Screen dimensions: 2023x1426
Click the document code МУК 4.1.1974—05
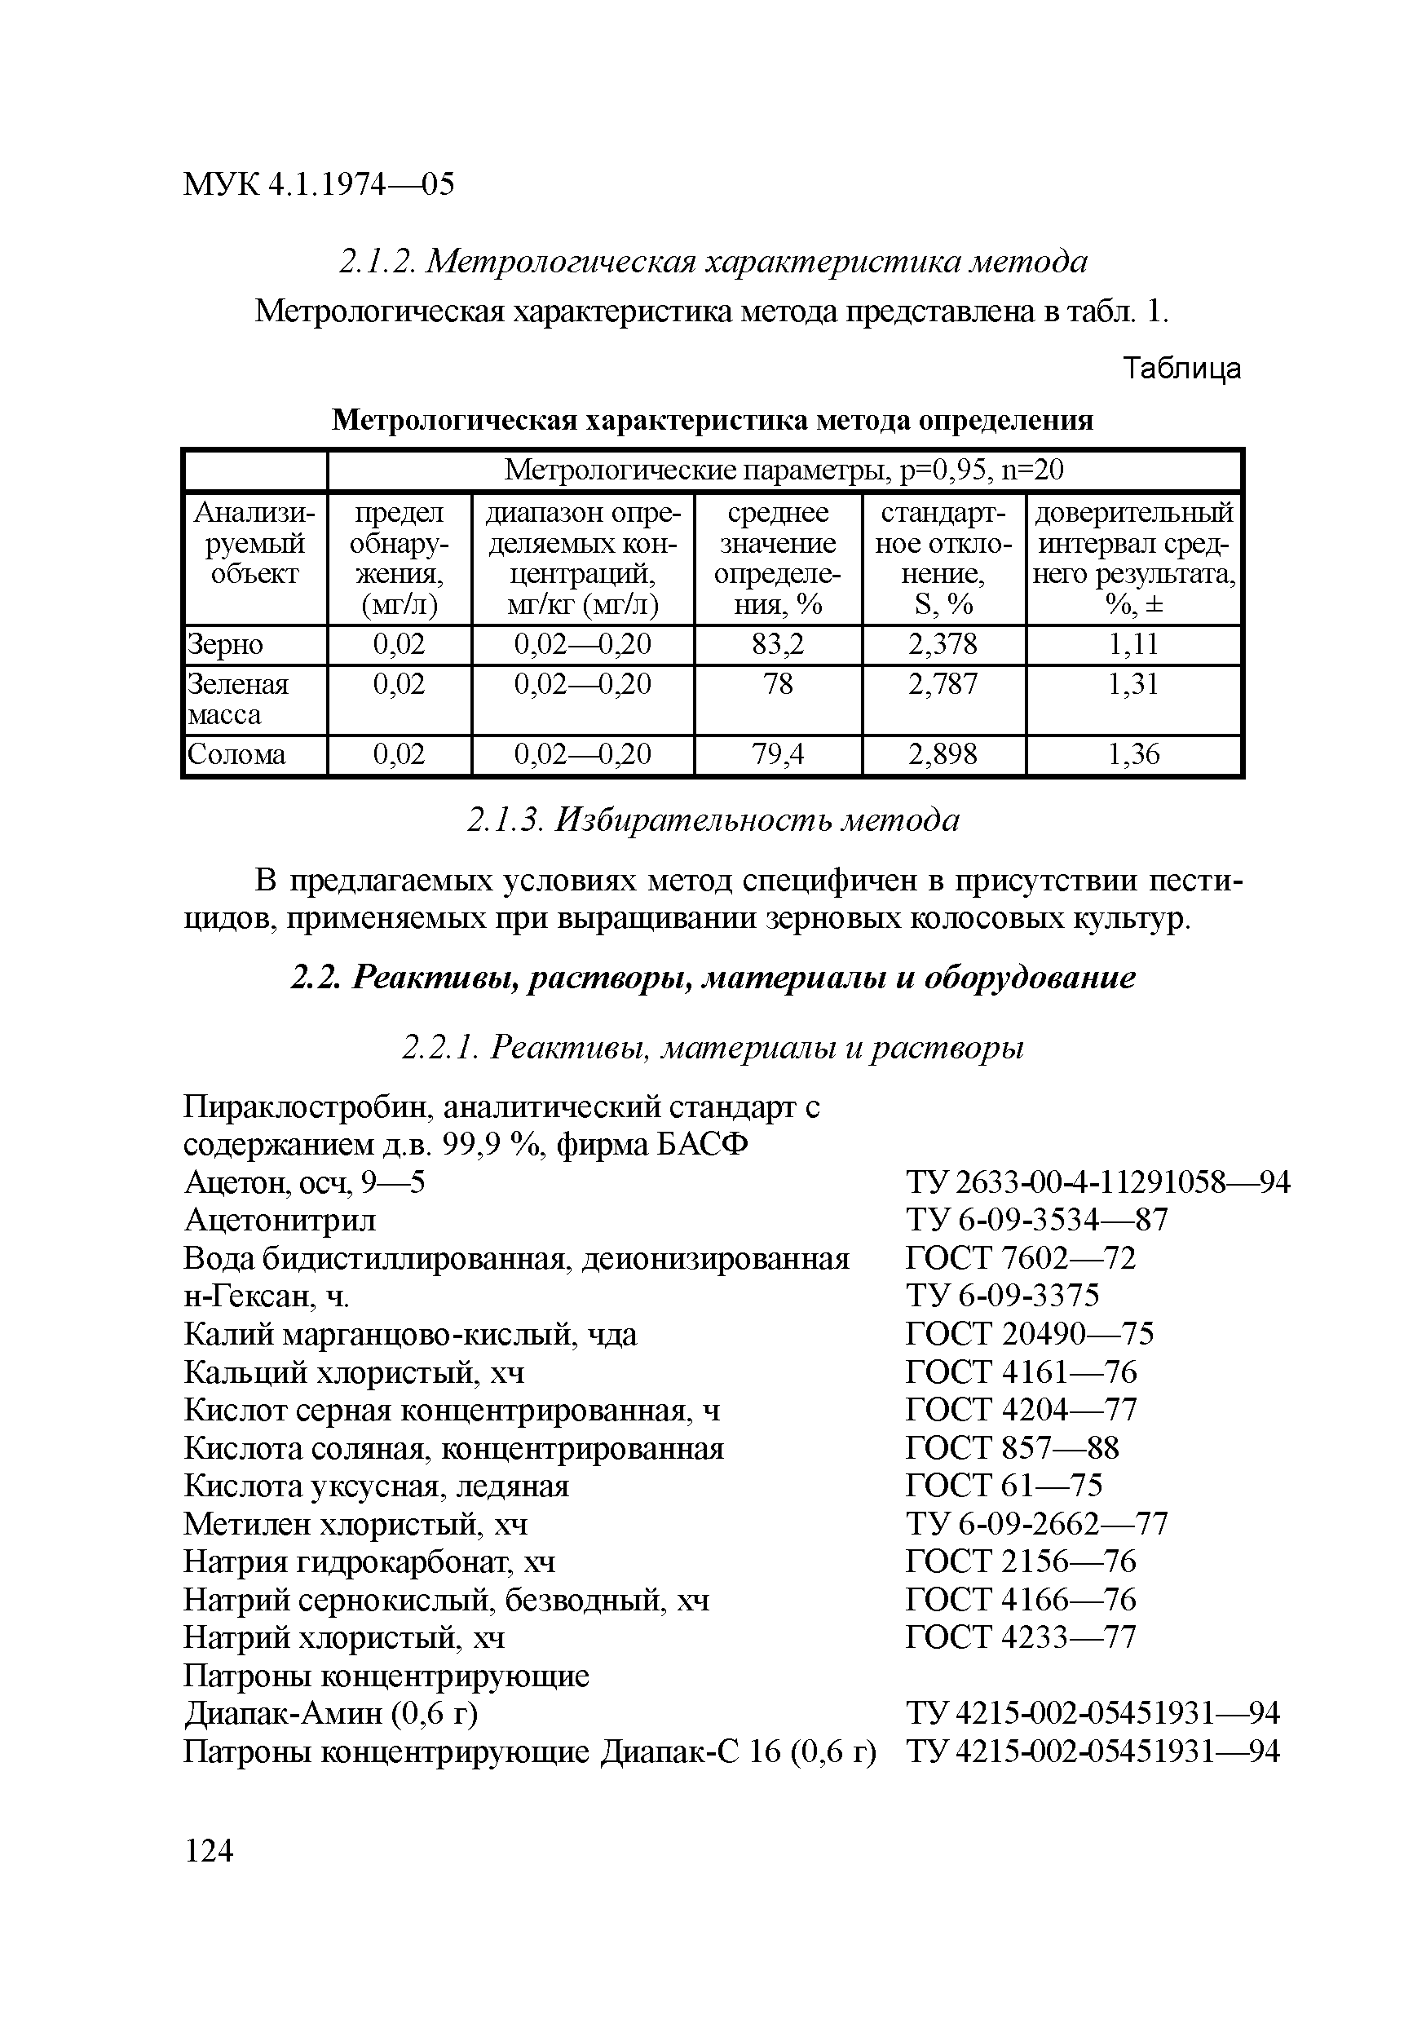point(319,184)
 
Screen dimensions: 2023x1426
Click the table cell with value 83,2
point(778,644)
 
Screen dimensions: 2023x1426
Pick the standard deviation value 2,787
point(943,684)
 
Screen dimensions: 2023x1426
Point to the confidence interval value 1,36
point(1133,754)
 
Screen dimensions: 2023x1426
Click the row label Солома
point(237,754)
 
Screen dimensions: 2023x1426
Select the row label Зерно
point(226,644)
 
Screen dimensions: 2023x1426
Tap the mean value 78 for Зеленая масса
point(778,684)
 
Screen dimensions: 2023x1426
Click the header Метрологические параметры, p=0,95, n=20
point(784,470)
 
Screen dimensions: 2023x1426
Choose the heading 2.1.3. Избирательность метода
point(713,820)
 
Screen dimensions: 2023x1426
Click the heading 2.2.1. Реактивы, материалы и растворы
point(713,1048)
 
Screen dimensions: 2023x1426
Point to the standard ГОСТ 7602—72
point(1021,1258)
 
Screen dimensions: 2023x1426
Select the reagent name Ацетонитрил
point(280,1221)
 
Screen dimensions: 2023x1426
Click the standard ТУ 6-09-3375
point(1002,1296)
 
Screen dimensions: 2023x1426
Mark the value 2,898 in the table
point(943,754)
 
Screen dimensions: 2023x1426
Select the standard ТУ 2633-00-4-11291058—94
point(1097,1182)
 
